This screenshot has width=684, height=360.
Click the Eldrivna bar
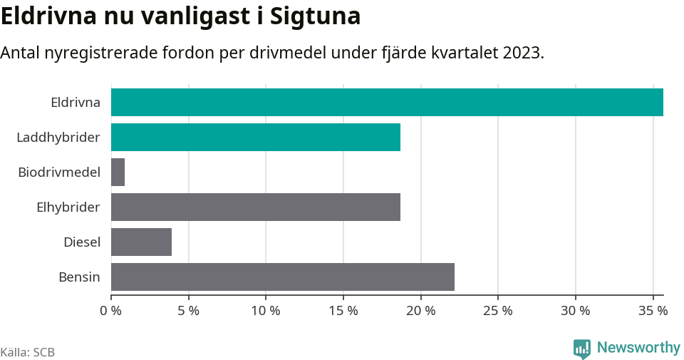point(387,102)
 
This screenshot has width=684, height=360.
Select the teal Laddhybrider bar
point(256,137)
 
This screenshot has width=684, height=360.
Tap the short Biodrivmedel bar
point(118,172)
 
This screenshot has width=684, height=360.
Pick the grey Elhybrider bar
point(256,207)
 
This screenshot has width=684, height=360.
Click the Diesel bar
point(142,242)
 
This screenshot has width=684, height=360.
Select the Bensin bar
point(283,277)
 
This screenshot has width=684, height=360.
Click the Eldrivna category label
point(76,102)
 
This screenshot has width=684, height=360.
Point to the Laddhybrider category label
point(58,137)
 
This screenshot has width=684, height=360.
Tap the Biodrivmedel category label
point(59,172)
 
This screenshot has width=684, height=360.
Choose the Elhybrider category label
point(68,207)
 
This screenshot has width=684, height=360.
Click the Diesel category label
point(82,242)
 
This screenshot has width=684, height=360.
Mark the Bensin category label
point(79,277)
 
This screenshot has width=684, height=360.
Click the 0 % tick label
point(111,311)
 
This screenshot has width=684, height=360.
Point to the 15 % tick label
point(343,311)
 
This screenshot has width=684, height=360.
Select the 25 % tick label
point(498,311)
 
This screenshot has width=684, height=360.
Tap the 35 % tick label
point(653,311)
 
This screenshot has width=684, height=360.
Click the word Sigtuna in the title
point(316,16)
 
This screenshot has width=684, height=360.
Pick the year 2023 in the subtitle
point(522,53)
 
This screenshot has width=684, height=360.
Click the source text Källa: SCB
point(28,352)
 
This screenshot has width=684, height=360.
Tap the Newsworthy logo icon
point(582,349)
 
